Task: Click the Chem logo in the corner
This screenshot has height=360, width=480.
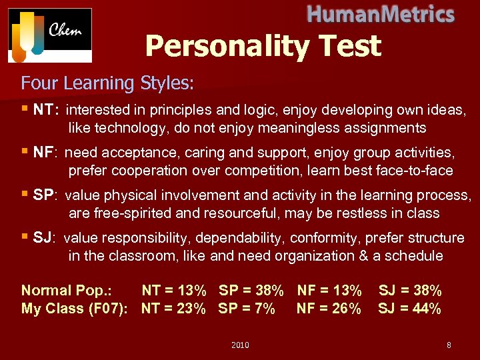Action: coord(50,35)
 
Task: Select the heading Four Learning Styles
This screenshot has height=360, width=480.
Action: coord(107,83)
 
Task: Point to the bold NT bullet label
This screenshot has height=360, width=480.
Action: coord(46,109)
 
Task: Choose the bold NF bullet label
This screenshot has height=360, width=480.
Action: coord(45,153)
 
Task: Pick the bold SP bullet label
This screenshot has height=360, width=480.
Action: coord(45,195)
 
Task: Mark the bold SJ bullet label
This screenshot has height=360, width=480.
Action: coord(44,238)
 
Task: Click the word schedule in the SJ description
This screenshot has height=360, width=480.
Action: coord(410,256)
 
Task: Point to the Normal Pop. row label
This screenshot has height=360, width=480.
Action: coord(67,291)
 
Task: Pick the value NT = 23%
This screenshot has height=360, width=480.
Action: coord(173,309)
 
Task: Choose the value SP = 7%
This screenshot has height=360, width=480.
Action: coord(247,309)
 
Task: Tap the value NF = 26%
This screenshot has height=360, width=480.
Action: coord(329,309)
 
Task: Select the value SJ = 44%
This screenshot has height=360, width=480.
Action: coord(409,309)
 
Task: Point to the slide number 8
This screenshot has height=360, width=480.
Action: coord(449,345)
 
